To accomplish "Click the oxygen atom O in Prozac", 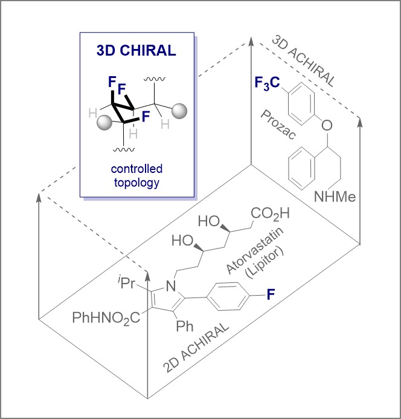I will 327,126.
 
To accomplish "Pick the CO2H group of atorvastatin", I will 271,213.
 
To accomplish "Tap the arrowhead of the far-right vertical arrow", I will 361,120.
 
